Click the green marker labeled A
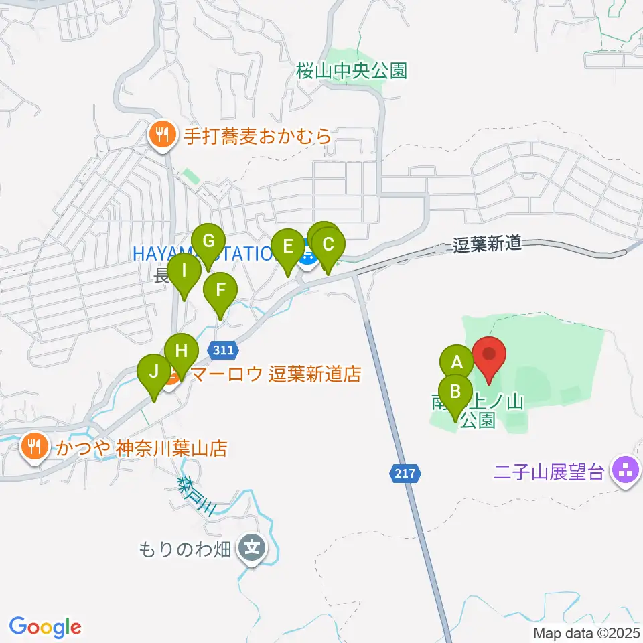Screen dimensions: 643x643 [x=457, y=363]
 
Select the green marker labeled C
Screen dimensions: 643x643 [x=328, y=244]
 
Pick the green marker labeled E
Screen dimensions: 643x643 [x=289, y=246]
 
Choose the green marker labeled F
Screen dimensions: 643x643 [x=220, y=290]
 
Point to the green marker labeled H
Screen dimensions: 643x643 [x=182, y=350]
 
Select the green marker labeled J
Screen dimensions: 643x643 [x=154, y=371]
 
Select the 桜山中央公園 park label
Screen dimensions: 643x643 [x=352, y=70]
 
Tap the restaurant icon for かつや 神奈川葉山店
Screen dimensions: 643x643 [x=34, y=446]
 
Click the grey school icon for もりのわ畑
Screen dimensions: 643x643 [x=253, y=550]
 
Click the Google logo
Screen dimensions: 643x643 [x=45, y=627]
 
